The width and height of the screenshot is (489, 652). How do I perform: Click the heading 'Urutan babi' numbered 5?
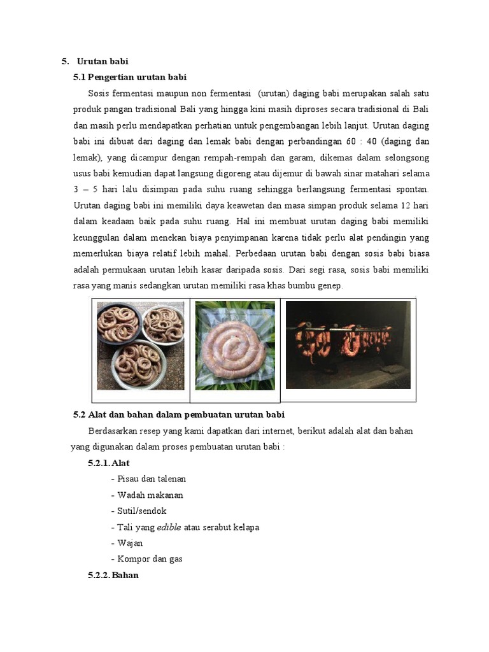click(103, 62)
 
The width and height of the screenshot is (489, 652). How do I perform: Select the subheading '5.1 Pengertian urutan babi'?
click(130, 78)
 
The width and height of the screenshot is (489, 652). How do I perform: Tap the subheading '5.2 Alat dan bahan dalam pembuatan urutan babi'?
click(174, 415)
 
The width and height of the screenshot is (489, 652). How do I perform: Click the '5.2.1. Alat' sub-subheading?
click(109, 463)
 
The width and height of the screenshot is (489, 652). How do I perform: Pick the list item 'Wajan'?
click(130, 543)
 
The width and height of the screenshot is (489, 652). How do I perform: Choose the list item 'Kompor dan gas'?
click(150, 559)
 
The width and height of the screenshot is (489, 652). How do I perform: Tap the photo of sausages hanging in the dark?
click(348, 344)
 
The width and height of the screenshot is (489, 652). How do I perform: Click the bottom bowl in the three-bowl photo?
click(137, 365)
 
